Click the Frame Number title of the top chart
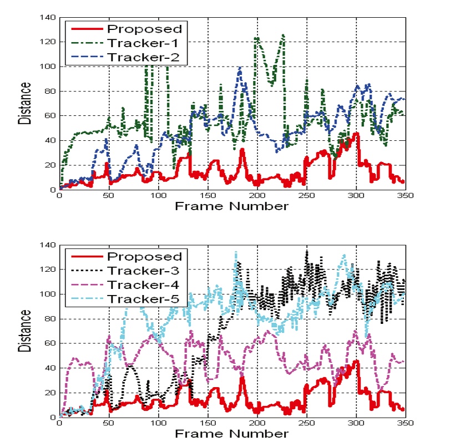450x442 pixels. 232,206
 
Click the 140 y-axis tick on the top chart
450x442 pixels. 48,18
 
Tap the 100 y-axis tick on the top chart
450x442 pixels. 48,67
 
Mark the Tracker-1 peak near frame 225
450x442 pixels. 283,35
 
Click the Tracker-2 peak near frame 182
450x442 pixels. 240,67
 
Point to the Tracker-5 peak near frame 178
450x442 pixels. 235,252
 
